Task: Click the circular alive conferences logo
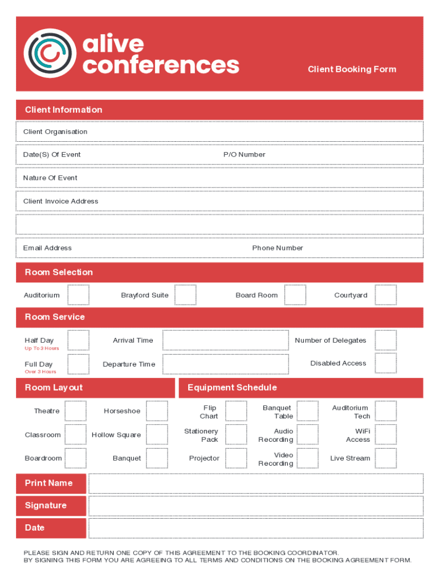click(x=50, y=54)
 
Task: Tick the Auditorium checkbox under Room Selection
click(x=78, y=295)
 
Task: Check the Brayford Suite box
click(x=185, y=295)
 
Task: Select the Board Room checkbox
click(x=295, y=295)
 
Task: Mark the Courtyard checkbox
click(x=386, y=295)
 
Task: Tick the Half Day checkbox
click(x=78, y=340)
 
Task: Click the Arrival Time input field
click(x=225, y=340)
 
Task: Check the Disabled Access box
click(x=386, y=363)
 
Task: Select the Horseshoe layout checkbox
click(x=157, y=411)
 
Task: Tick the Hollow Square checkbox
click(x=157, y=434)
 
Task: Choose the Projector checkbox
click(x=236, y=458)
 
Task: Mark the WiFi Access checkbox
click(x=386, y=434)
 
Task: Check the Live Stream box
click(x=386, y=458)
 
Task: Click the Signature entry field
click(x=255, y=506)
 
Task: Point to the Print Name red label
click(x=51, y=483)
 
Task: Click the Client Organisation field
click(x=219, y=132)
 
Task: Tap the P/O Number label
click(x=244, y=155)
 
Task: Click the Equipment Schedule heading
click(x=232, y=388)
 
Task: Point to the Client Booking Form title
click(x=352, y=69)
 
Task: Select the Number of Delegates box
click(x=386, y=340)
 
